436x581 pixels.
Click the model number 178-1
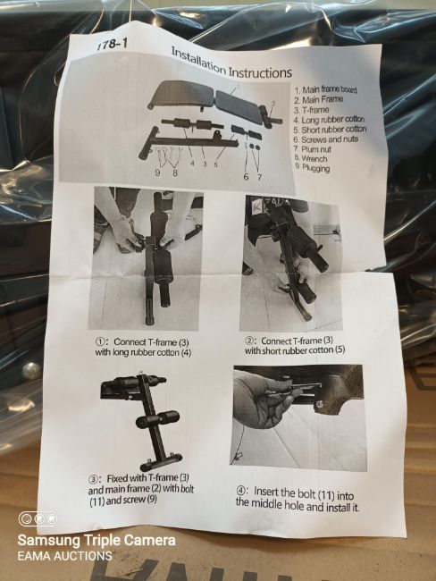(x=112, y=44)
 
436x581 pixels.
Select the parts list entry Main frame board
(x=326, y=89)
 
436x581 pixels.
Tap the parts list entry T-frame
(x=312, y=110)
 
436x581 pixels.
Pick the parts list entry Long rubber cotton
(x=330, y=120)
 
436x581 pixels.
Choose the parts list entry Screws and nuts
(x=326, y=139)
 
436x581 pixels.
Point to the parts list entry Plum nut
(x=313, y=149)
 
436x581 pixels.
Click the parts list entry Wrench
(x=311, y=158)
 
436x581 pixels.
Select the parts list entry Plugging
(x=313, y=168)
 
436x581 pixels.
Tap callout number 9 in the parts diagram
(x=158, y=173)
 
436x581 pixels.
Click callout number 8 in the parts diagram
(x=174, y=173)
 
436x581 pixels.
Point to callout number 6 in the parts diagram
(x=246, y=177)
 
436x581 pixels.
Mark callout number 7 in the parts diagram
(x=260, y=177)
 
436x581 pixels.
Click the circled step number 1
(x=100, y=341)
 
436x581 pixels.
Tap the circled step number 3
(x=93, y=479)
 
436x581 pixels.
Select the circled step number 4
(x=240, y=492)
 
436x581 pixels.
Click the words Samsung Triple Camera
(x=96, y=540)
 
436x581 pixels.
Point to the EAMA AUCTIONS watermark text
(x=65, y=556)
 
